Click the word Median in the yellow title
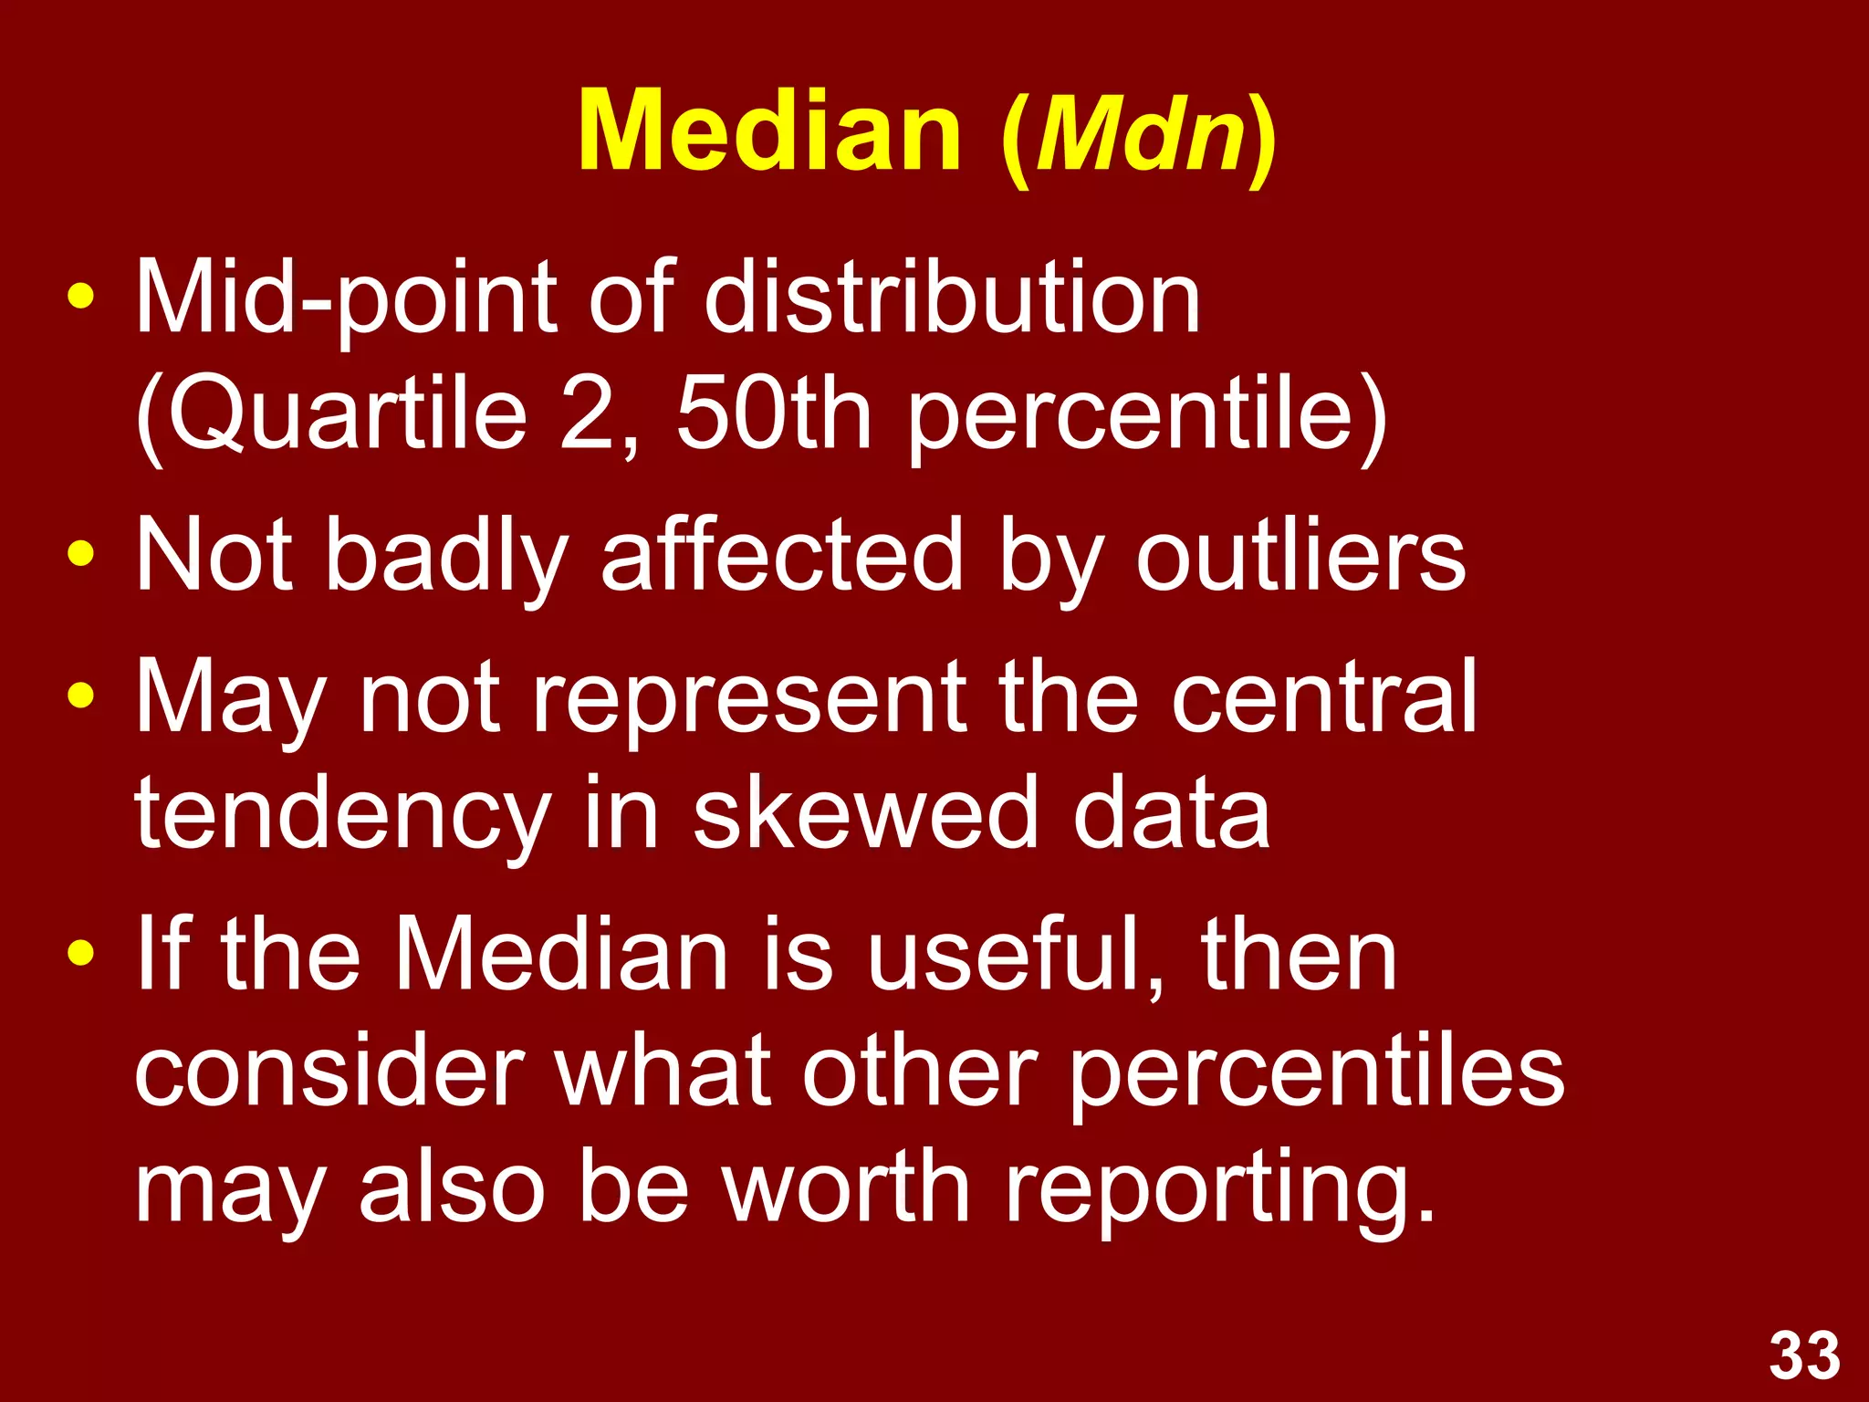coord(769,132)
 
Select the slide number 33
coord(1804,1356)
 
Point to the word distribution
coord(952,297)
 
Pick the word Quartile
coord(347,415)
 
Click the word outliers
coord(1300,555)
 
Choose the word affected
coord(782,555)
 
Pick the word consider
coord(329,1072)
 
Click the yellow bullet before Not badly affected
coord(81,553)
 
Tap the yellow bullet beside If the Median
coord(81,954)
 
